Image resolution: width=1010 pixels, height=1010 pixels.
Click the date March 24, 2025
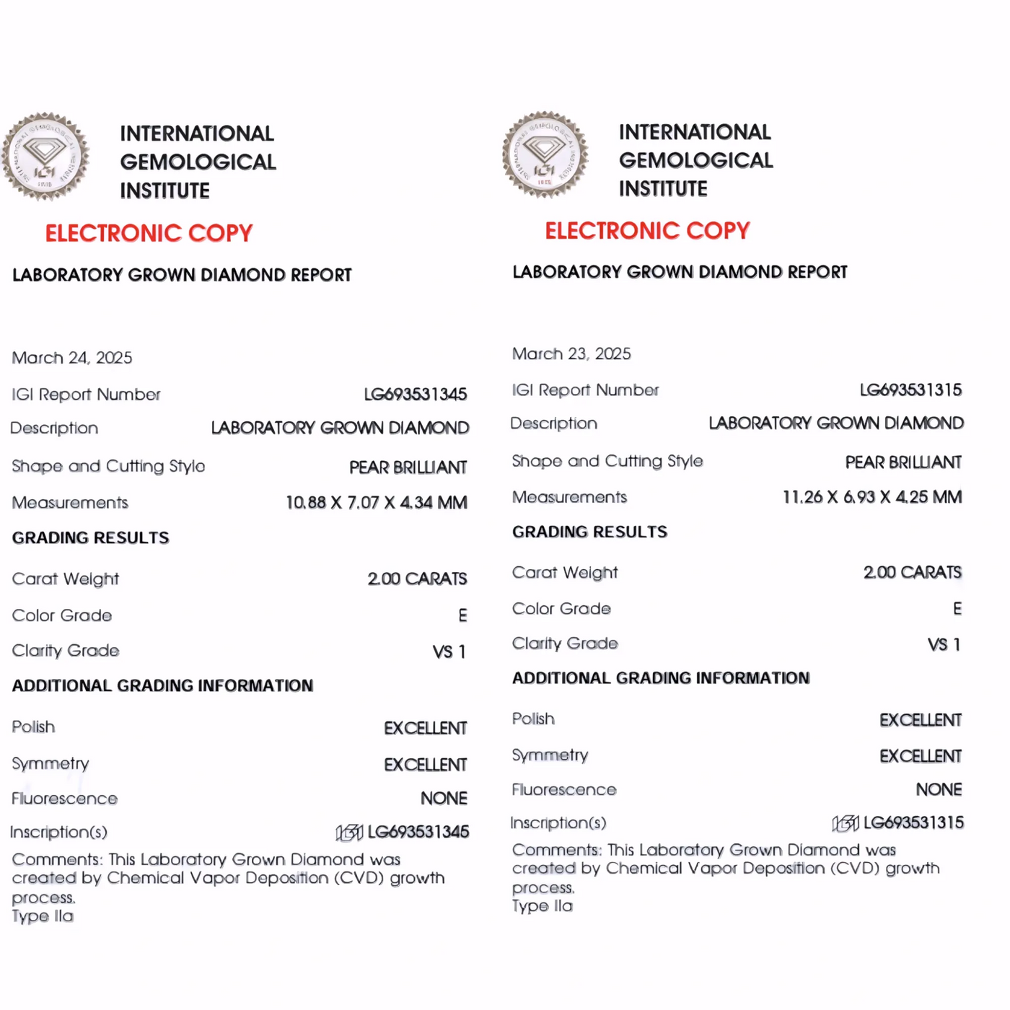click(72, 358)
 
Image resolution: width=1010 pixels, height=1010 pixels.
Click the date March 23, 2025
click(571, 353)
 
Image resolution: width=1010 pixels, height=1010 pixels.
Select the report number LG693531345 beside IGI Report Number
click(415, 394)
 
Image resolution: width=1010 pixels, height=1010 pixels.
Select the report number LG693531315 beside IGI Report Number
click(910, 390)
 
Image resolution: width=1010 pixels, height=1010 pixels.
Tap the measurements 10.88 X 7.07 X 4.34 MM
click(376, 502)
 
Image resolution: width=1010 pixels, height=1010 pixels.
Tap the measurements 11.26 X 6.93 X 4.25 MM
click(871, 497)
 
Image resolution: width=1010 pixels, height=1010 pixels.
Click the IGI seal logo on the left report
click(45, 156)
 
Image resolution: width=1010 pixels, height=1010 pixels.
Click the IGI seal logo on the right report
click(545, 154)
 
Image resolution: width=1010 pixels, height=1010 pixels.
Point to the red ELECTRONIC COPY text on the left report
click(149, 233)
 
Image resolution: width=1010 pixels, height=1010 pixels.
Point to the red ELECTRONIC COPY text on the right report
click(647, 231)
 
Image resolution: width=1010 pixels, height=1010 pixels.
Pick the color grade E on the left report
click(462, 615)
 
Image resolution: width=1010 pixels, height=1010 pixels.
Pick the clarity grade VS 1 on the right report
click(944, 644)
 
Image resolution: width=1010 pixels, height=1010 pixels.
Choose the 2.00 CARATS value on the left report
click(417, 579)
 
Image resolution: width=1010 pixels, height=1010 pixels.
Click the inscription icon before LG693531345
click(349, 833)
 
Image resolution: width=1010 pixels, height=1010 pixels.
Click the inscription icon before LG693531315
click(845, 823)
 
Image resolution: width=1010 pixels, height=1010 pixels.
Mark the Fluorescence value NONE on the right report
click(939, 790)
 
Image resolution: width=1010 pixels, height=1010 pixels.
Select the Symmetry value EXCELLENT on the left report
click(425, 764)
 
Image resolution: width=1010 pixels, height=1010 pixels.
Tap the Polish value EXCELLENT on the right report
click(920, 720)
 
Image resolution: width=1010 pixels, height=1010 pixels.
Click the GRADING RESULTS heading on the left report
click(90, 537)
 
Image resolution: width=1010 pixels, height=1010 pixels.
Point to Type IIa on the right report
click(542, 906)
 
